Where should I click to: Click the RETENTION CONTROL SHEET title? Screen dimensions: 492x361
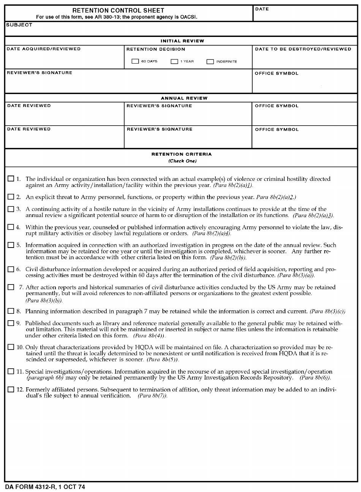coord(118,10)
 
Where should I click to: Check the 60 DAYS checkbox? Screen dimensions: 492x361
coord(135,61)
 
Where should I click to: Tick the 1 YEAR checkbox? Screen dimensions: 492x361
coord(174,61)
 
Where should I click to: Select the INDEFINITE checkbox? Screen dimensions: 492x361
coord(210,61)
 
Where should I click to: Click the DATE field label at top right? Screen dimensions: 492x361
coord(262,9)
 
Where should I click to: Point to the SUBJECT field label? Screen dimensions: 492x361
coord(19,25)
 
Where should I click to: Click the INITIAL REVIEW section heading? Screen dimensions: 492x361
coord(182,41)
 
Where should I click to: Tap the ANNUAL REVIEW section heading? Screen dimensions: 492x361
coord(184,98)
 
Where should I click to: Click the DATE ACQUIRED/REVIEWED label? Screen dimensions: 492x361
coord(44,49)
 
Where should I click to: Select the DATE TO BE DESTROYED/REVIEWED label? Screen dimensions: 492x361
coord(303,49)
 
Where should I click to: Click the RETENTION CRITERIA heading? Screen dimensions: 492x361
coord(181,154)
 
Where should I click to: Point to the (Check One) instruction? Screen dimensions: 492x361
coord(182,161)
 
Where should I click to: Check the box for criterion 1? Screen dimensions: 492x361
coord(11,179)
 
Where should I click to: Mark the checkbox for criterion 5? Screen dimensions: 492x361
coord(11,245)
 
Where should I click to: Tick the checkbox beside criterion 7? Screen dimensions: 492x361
coord(11,287)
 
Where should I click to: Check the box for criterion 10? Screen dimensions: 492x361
coord(11,347)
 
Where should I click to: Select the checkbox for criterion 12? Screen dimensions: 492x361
coord(11,390)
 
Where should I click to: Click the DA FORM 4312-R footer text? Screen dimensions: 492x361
coord(45,487)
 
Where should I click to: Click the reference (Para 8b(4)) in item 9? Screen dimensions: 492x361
coord(149,336)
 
